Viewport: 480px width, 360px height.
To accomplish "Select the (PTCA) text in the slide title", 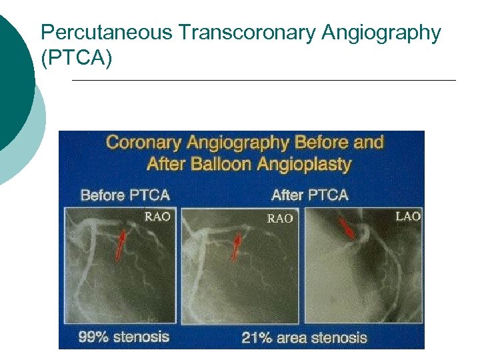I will tap(77, 59).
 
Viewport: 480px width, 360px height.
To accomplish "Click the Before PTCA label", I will tap(125, 195).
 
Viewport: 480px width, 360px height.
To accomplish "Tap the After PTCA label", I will tap(309, 195).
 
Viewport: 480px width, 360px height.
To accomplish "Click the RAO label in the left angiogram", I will tap(157, 217).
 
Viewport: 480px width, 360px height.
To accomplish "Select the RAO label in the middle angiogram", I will tap(280, 219).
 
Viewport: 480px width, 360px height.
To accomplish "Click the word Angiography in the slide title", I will tap(381, 33).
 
